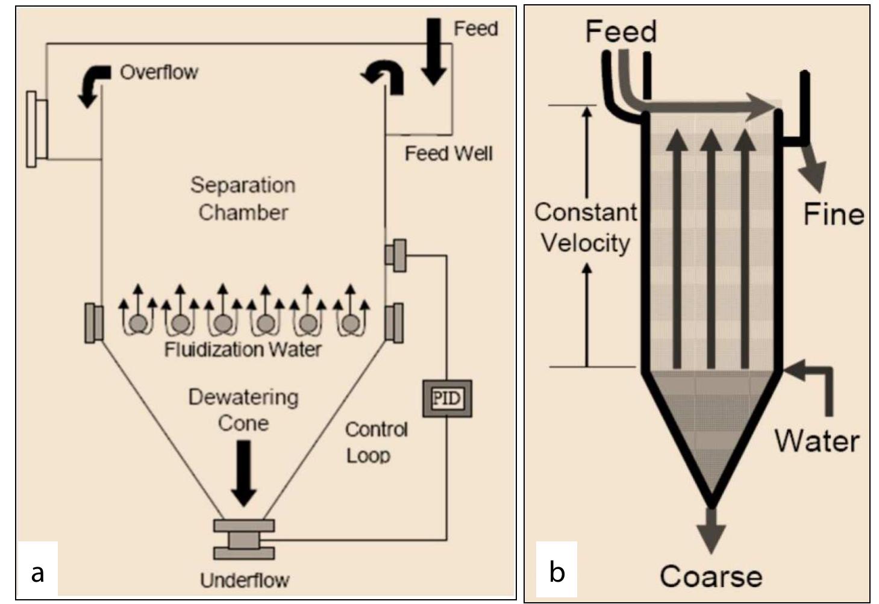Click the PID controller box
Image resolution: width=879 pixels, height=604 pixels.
tap(446, 398)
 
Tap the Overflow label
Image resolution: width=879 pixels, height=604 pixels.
tap(158, 72)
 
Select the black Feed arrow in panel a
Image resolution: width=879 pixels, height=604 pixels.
tap(433, 51)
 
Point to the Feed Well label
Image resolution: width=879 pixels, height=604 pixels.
tap(448, 154)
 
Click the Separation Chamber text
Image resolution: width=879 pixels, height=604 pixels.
tap(243, 198)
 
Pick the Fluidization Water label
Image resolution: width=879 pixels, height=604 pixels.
tap(243, 349)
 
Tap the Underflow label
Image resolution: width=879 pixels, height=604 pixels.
tap(245, 581)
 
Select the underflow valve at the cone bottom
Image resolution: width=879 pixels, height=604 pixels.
tap(244, 540)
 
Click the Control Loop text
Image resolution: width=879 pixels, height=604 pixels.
tap(376, 442)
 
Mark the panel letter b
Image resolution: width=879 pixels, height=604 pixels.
tap(557, 571)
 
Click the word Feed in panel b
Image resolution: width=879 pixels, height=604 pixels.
tap(621, 31)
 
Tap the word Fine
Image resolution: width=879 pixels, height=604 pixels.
tap(833, 214)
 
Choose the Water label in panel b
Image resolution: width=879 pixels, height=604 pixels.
tap(816, 441)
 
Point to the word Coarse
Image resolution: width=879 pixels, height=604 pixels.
tap(711, 576)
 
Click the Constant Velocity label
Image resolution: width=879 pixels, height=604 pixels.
tap(585, 228)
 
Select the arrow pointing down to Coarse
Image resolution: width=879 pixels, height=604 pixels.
tap(711, 530)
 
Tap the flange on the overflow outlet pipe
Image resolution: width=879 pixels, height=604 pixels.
tap(37, 128)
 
